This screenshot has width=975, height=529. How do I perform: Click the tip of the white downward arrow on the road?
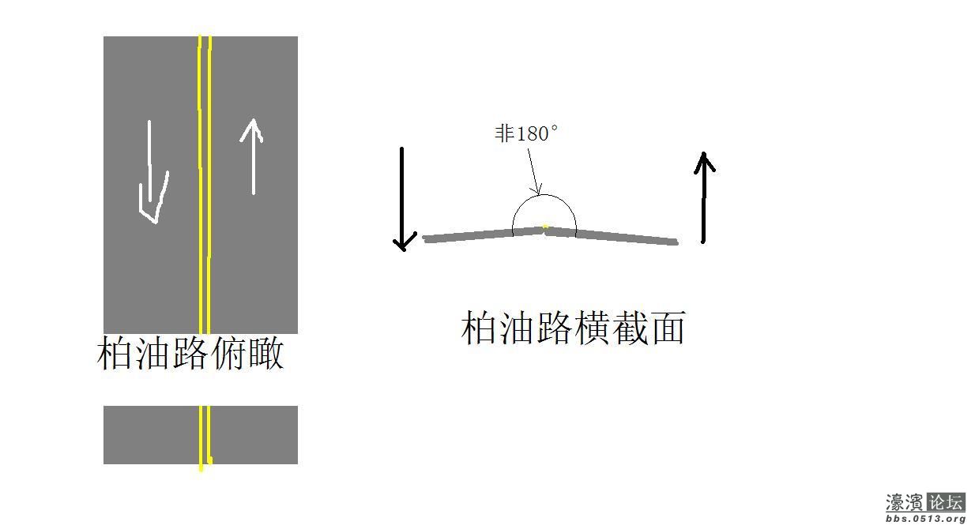[x=155, y=223]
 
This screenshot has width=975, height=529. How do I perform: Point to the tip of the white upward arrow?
[x=253, y=119]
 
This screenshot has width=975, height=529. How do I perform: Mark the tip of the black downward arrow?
[x=404, y=251]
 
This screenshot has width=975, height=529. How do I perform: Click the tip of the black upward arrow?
[x=704, y=152]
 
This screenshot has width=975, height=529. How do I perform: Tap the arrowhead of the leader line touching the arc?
[x=540, y=194]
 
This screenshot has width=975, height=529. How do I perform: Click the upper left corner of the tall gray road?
[x=104, y=36]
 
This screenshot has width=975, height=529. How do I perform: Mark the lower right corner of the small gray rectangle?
[x=298, y=463]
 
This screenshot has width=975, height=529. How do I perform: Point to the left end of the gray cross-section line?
[x=424, y=238]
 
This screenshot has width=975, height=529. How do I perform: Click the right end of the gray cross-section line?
[x=678, y=242]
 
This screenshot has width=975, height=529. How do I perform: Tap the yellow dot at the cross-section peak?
[x=545, y=227]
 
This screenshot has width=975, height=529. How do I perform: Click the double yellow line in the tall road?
[x=205, y=185]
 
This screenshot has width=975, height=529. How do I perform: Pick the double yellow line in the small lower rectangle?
[x=205, y=437]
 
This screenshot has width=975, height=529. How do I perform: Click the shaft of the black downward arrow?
[x=402, y=198]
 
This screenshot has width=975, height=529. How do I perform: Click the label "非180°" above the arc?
[x=526, y=133]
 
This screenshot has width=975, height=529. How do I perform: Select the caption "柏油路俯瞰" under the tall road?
[x=190, y=353]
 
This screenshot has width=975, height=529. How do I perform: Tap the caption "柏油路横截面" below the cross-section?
[x=574, y=328]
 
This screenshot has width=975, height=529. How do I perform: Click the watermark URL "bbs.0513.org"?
[x=925, y=519]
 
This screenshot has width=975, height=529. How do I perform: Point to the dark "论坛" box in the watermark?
[x=947, y=502]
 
